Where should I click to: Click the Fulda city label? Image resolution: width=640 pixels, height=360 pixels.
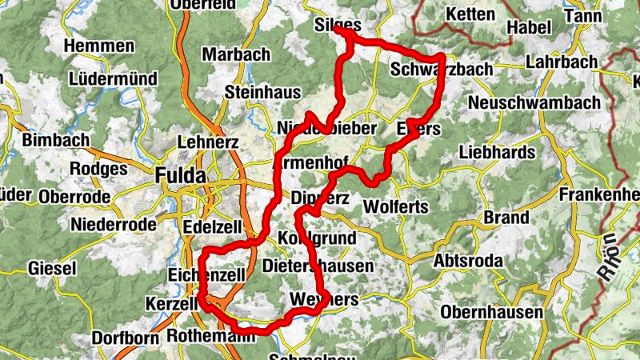(180, 175)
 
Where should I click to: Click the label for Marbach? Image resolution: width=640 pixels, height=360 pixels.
(237, 54)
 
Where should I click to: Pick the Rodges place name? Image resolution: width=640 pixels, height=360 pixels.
(98, 169)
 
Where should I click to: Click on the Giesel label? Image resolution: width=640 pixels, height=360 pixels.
(54, 267)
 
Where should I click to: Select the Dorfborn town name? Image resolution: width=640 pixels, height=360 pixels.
(125, 338)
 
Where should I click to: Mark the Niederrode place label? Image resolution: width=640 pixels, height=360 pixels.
(114, 224)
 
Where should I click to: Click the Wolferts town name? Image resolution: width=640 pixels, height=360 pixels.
(397, 206)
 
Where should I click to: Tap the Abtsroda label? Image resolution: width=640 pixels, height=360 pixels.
(468, 262)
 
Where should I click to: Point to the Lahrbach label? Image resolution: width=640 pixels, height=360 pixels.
(562, 62)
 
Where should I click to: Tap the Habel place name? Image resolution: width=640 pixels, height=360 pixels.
(529, 27)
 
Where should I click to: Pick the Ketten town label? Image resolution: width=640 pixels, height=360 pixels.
(473, 14)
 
